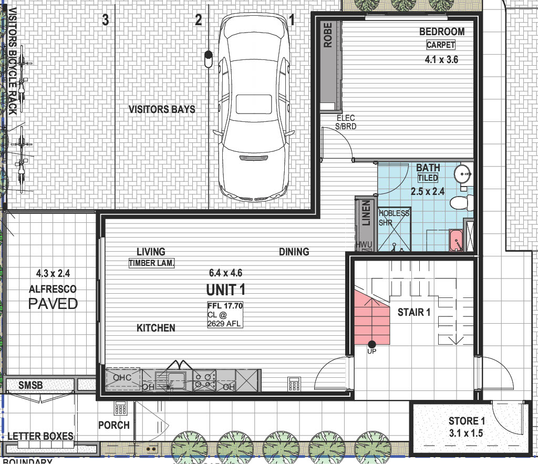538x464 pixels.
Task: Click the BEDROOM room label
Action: (x=442, y=32)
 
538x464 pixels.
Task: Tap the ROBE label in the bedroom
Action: (x=328, y=35)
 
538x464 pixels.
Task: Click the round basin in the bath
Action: (x=463, y=174)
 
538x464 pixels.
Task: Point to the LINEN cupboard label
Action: (x=366, y=213)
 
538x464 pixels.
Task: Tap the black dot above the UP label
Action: (x=372, y=344)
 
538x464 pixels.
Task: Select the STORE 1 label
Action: (x=467, y=421)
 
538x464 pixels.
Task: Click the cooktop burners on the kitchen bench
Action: (x=204, y=380)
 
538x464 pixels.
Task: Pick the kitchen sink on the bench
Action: (x=170, y=380)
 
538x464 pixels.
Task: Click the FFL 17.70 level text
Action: (x=225, y=305)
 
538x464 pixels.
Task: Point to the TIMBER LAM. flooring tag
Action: (x=151, y=263)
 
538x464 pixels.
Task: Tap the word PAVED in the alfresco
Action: (x=53, y=304)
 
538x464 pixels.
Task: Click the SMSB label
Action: (x=30, y=385)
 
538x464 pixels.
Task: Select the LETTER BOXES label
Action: (x=40, y=436)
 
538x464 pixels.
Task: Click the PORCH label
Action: (x=114, y=425)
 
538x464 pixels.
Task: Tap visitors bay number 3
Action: (x=105, y=20)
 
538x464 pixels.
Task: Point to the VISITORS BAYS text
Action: (x=162, y=109)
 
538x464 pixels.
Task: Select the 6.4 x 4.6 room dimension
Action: (x=226, y=273)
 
